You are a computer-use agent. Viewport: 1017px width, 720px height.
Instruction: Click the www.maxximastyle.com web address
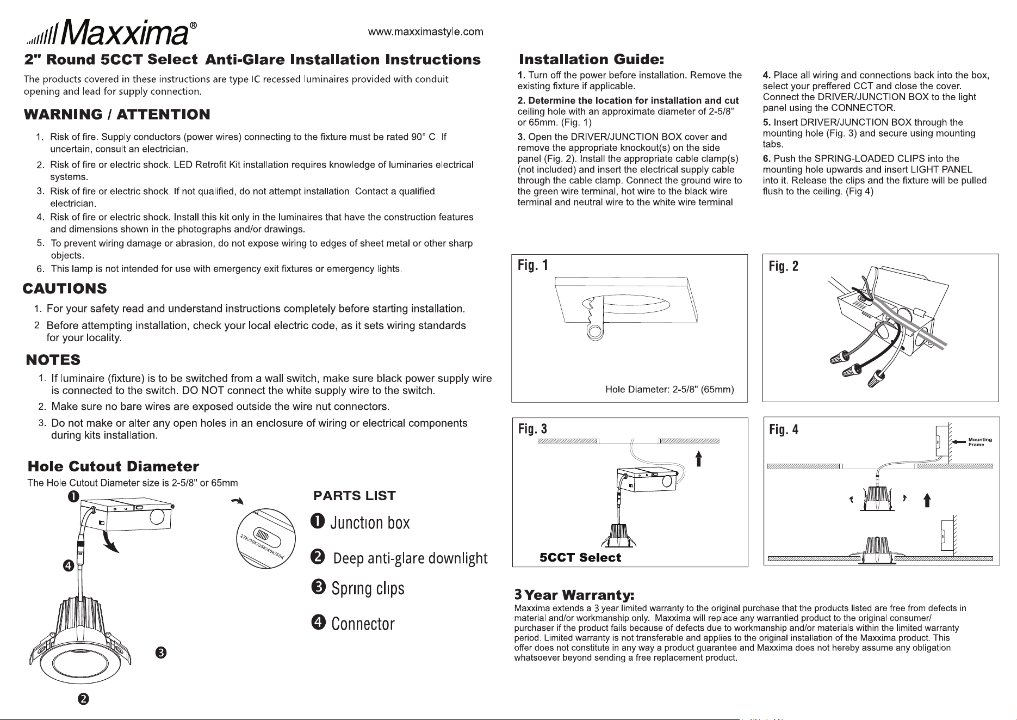425,32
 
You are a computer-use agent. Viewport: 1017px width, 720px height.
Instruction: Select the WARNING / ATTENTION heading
117,114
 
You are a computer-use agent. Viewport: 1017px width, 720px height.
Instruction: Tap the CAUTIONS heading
65,288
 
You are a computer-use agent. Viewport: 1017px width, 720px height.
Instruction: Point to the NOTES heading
53,360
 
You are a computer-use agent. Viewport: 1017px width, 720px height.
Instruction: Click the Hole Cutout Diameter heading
113,466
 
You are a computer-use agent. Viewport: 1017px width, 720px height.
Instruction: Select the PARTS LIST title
355,496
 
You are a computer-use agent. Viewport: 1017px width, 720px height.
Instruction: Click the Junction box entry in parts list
360,522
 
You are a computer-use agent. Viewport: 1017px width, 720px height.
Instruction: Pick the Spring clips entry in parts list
358,588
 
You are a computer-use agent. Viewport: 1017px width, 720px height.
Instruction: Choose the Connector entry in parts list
353,624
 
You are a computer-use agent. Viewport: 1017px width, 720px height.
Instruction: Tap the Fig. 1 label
533,266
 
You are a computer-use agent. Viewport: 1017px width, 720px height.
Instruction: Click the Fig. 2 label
784,266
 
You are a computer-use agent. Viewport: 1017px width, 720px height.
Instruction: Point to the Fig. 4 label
784,430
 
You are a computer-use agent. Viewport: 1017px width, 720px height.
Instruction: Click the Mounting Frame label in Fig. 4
980,442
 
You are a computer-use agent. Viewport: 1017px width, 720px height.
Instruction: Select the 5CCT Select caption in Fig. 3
580,557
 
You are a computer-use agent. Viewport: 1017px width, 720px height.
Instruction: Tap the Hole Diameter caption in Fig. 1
669,390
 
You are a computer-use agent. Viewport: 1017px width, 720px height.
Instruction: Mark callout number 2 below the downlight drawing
83,699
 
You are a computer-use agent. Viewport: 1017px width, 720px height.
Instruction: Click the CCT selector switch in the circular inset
263,534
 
